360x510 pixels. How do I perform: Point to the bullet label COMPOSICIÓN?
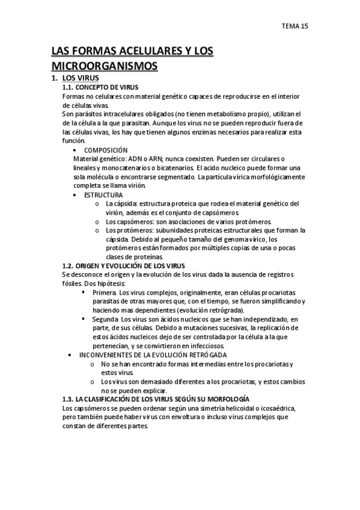[106, 149]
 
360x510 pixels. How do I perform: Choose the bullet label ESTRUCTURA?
[103, 195]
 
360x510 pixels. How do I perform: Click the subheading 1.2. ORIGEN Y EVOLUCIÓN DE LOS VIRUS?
[124, 266]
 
